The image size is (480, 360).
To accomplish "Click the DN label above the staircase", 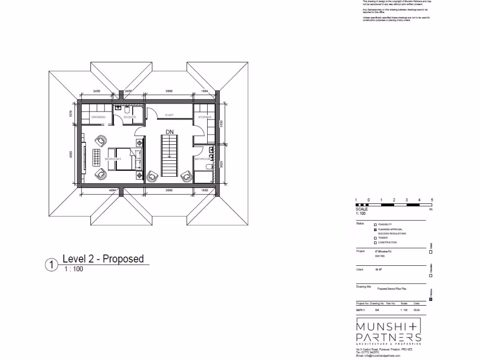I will pos(170,132).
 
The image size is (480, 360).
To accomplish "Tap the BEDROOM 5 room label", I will pos(113,159).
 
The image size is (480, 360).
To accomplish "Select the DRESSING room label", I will pos(98,117).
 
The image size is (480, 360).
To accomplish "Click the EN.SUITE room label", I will pos(130,117).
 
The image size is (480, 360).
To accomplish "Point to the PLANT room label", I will pos(170,115).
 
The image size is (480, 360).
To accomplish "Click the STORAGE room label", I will pos(205,117).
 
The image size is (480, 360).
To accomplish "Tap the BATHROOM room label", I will pos(202,159).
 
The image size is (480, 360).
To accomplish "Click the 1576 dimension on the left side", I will pos(72,114).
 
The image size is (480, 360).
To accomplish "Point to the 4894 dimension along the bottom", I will pos(112,190).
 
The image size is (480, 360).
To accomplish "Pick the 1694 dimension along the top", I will pos(204,90).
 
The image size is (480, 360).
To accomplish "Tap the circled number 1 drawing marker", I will pos(51,265).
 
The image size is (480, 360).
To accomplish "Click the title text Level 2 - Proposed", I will pos(103,259).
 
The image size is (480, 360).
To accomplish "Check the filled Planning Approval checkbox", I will pos(375,230).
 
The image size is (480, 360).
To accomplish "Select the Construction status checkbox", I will pos(375,243).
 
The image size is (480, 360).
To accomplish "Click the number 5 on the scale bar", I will pos(432,200).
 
